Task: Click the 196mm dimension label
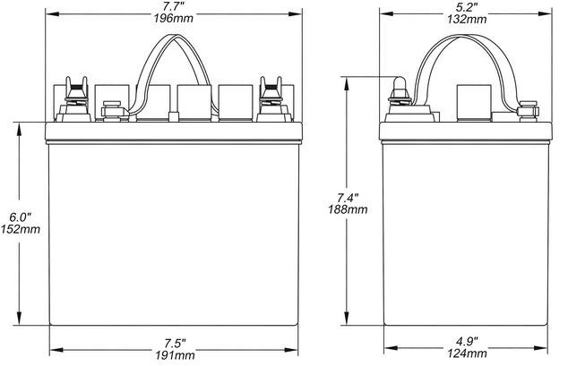click(174, 19)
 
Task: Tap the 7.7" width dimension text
click(173, 6)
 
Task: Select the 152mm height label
click(21, 229)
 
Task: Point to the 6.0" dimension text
click(21, 217)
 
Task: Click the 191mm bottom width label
click(175, 355)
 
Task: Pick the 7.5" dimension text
click(175, 343)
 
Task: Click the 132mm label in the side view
click(467, 19)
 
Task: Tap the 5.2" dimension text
click(466, 6)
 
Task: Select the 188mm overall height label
click(348, 209)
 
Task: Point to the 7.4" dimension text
click(348, 198)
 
